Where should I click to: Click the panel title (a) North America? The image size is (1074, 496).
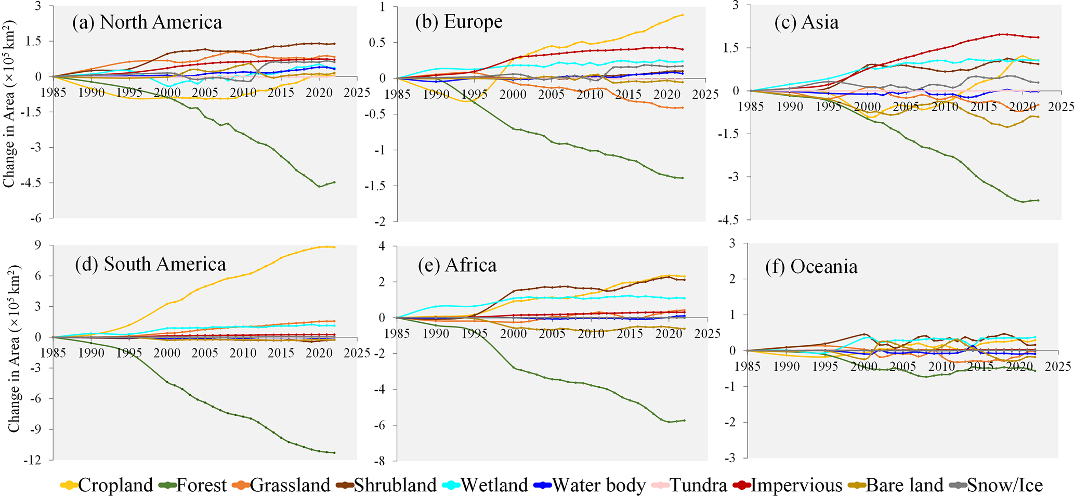coord(147,22)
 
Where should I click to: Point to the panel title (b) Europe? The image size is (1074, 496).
coord(459,22)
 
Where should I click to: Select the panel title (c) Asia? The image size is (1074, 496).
coord(806,22)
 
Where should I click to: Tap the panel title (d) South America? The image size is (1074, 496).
coord(150,264)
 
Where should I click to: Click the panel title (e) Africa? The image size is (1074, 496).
coord(457,265)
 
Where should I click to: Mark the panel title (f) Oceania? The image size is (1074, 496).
coord(811,267)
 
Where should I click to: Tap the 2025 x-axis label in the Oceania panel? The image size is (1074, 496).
coord(1058,367)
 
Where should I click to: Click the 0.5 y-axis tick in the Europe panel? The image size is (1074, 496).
coord(378,43)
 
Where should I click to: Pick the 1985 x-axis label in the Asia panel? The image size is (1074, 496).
coord(751,107)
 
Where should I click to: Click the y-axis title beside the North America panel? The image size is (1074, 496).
coord(9,104)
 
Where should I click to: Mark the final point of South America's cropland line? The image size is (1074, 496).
coord(334,247)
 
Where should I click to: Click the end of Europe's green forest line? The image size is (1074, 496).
coord(683,178)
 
